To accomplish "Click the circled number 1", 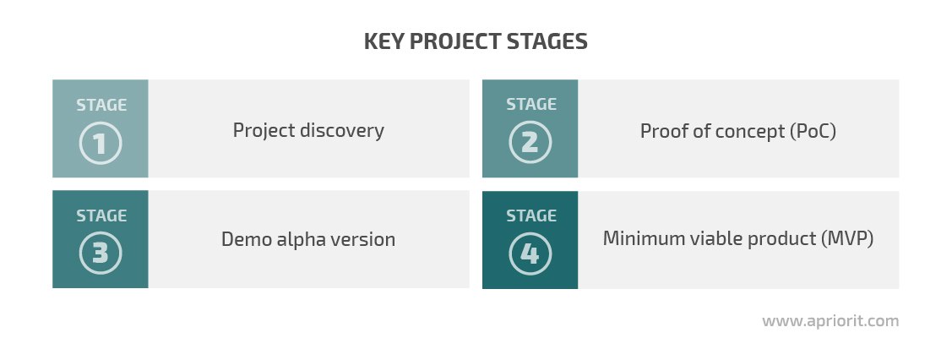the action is pyautogui.click(x=101, y=144).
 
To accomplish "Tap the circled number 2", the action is pyautogui.click(x=530, y=143).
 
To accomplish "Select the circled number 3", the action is pyautogui.click(x=101, y=254).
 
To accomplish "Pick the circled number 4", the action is pyautogui.click(x=530, y=254).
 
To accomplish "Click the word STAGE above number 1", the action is pyautogui.click(x=101, y=105).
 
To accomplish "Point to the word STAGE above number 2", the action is pyautogui.click(x=531, y=105).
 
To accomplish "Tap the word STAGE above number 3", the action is pyautogui.click(x=101, y=215).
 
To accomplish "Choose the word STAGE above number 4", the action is pyautogui.click(x=531, y=215).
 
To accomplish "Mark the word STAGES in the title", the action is pyautogui.click(x=547, y=41).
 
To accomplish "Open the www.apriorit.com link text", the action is pyautogui.click(x=830, y=321).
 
